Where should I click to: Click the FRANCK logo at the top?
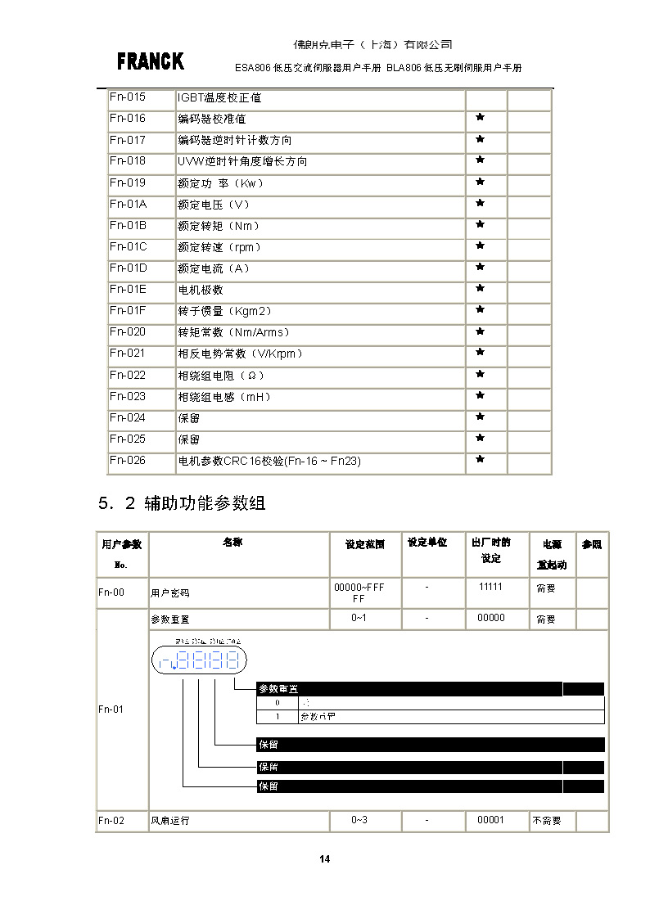pos(150,61)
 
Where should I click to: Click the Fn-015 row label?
pos(127,97)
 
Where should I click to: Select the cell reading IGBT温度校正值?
pos(219,98)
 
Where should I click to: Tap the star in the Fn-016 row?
pos(481,118)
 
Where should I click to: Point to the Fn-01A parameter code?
pos(128,204)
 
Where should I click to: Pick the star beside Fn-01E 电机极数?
pos(481,288)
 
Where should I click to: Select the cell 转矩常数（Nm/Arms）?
pos(233,332)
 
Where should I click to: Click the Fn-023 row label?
pos(127,396)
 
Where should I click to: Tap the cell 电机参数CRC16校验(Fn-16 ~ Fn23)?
pos(269,461)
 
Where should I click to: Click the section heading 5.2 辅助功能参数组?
pos(181,503)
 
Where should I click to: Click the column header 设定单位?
pos(427,543)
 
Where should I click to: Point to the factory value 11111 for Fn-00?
pos(490,588)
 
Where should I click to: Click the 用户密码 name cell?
pos(169,592)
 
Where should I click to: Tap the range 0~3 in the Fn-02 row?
pos(359,819)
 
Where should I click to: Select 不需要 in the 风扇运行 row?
pos(546,820)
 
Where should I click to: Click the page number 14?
pos(325,858)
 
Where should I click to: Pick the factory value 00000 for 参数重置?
pos(490,618)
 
